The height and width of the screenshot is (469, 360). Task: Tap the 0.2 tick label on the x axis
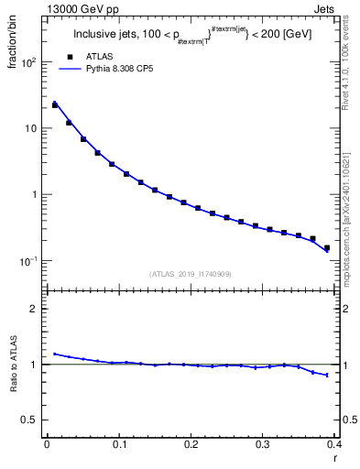click(191, 444)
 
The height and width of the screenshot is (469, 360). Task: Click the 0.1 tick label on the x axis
click(118, 444)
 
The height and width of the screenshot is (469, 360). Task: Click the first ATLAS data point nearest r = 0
click(54, 105)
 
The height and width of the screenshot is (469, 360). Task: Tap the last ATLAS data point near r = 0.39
click(326, 247)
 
